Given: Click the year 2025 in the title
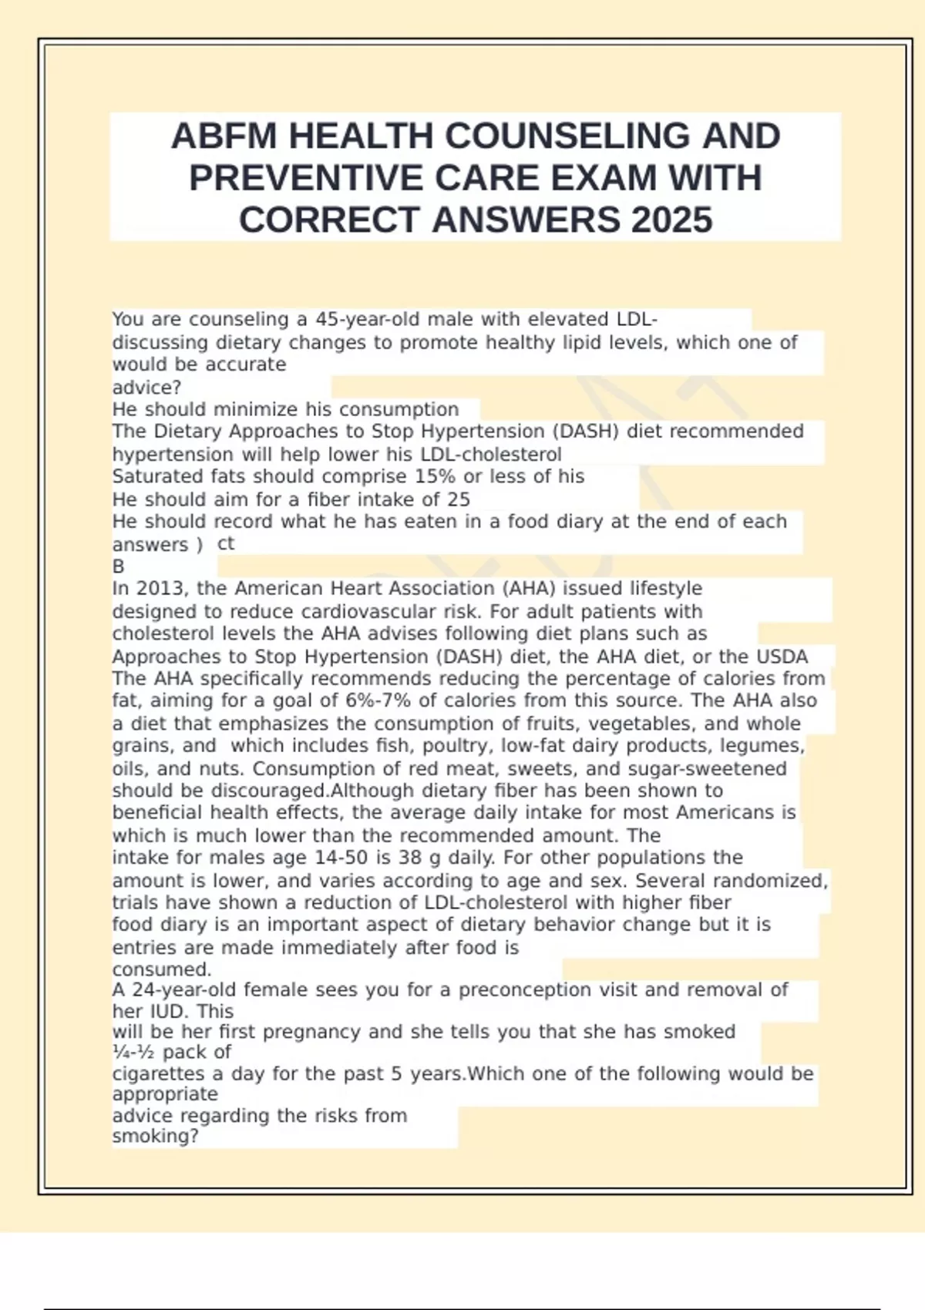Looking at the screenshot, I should click(671, 220).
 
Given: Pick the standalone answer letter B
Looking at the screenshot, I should click(119, 566).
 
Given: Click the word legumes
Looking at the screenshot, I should click(768, 746).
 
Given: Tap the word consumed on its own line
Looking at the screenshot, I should click(161, 969).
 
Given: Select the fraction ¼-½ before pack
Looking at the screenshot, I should click(133, 1053).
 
